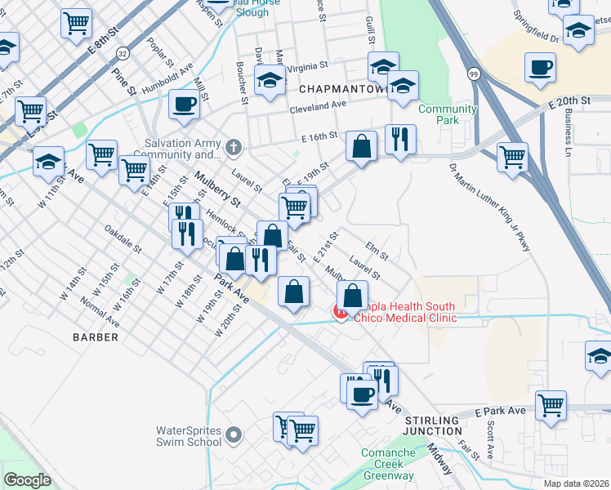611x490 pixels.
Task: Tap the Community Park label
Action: [x=448, y=115]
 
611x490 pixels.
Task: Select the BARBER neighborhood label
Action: [x=96, y=336]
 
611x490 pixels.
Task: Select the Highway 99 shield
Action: [x=474, y=74]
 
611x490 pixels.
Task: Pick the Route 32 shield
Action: [x=123, y=53]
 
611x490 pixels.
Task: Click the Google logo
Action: [x=27, y=479]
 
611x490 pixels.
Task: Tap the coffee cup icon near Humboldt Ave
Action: [x=184, y=105]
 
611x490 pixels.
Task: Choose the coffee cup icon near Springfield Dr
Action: [x=540, y=67]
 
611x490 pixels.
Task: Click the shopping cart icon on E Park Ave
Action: [x=551, y=404]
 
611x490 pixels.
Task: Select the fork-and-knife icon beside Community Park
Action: [x=400, y=139]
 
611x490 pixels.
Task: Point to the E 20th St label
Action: [x=569, y=100]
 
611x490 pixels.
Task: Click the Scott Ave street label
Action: [x=490, y=441]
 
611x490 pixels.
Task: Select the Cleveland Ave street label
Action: [x=318, y=106]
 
